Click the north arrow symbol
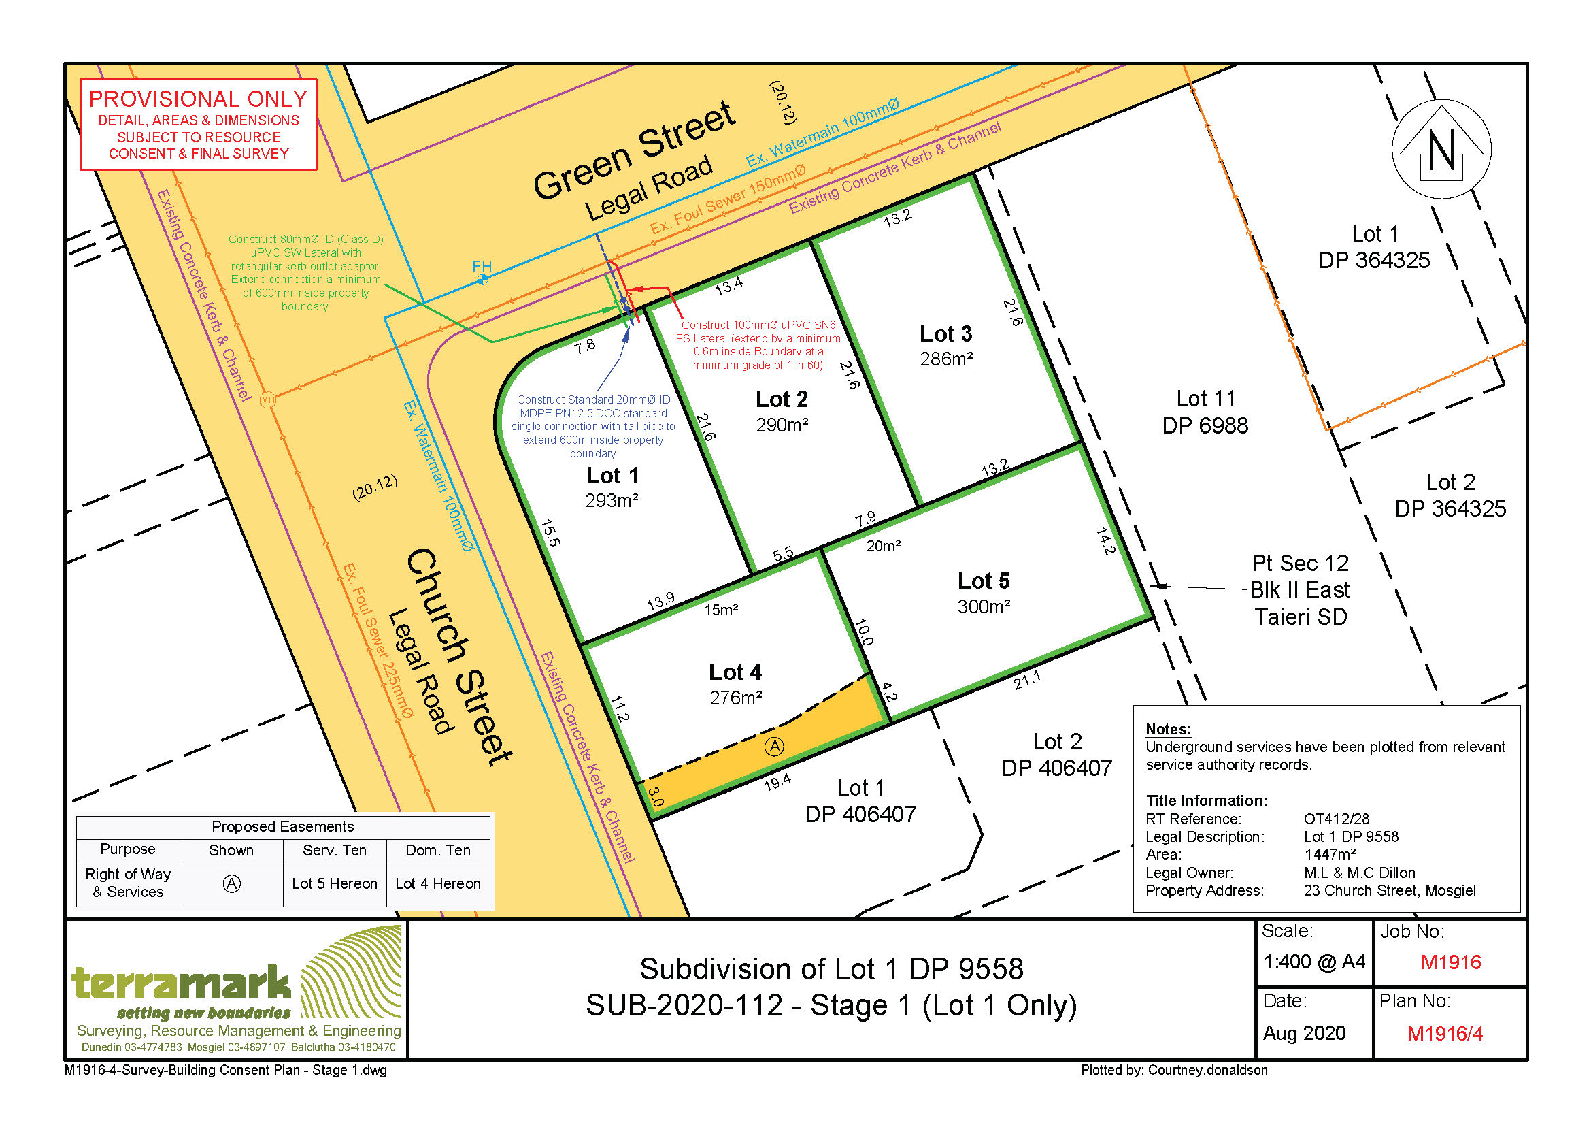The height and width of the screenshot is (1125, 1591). [x=1441, y=149]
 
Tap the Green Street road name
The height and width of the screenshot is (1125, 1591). [x=634, y=150]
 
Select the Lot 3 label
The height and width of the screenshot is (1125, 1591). [x=946, y=333]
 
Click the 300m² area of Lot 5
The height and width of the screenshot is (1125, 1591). [x=984, y=606]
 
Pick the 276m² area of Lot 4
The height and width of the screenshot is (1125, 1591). [x=735, y=698]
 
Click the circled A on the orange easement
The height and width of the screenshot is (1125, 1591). [x=774, y=747]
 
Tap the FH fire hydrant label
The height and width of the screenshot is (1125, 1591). [x=482, y=266]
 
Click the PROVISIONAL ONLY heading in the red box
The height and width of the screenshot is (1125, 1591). [x=198, y=99]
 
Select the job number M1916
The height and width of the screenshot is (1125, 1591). [x=1450, y=962]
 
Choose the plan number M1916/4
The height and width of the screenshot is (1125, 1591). [x=1445, y=1034]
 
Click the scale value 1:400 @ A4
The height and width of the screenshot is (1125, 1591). [x=1314, y=962]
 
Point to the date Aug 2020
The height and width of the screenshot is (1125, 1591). [x=1304, y=1034]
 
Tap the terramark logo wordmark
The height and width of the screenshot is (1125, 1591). [x=182, y=983]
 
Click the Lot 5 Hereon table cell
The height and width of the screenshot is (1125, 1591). [x=335, y=884]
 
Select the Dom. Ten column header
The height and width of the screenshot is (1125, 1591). [x=438, y=851]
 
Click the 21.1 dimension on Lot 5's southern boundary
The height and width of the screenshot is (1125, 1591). [x=1027, y=680]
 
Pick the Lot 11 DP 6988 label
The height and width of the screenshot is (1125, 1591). [x=1205, y=412]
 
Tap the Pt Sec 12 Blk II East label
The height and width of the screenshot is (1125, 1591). [x=1300, y=576]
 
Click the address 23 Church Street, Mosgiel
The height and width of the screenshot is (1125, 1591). [x=1390, y=891]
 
